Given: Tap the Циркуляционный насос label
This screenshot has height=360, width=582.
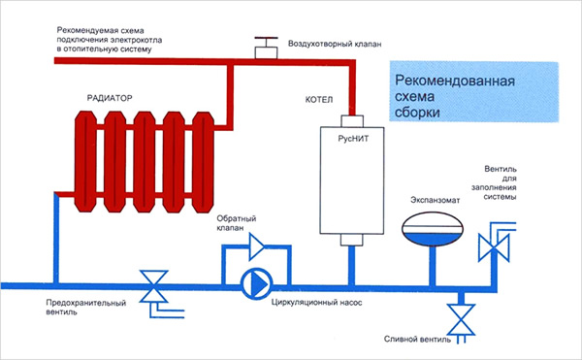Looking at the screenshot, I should [x=323, y=290].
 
